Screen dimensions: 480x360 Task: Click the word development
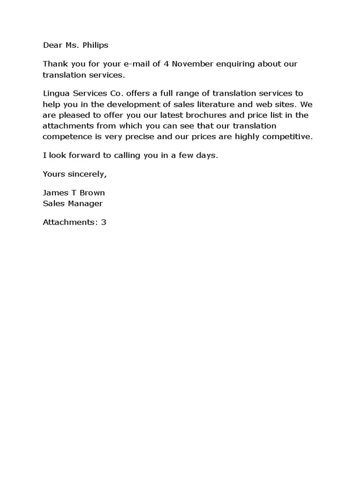[134, 104]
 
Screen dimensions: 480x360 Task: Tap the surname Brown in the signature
[93, 193]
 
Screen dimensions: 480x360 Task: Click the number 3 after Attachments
[104, 222]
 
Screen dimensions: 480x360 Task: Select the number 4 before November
[166, 64]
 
